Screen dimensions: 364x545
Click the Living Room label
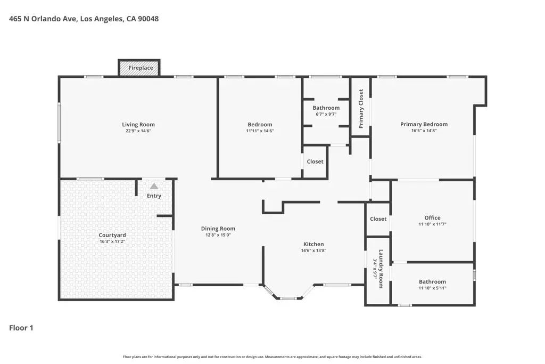[x=138, y=125]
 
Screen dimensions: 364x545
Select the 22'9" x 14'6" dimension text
[x=138, y=131]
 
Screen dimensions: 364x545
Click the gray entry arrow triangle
[x=154, y=187]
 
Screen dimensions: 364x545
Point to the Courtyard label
[x=112, y=235]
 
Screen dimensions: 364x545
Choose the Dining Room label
[x=218, y=229]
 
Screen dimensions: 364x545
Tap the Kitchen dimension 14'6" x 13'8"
[x=313, y=250]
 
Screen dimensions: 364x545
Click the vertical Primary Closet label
[x=361, y=109]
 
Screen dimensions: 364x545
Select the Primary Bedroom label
[x=424, y=124]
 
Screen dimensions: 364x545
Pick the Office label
[x=432, y=217]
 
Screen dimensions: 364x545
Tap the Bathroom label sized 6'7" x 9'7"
[x=326, y=108]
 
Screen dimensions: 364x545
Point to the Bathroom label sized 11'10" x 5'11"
[x=432, y=281]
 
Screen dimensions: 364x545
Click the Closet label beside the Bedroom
[x=315, y=161]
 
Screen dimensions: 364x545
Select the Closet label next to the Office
[x=378, y=219]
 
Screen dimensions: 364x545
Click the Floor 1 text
[x=21, y=328]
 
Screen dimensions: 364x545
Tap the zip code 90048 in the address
[x=147, y=19]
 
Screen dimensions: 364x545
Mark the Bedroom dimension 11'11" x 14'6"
[x=260, y=131]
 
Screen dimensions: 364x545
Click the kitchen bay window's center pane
[x=288, y=298]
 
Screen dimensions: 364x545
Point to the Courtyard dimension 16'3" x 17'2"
[x=112, y=241]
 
